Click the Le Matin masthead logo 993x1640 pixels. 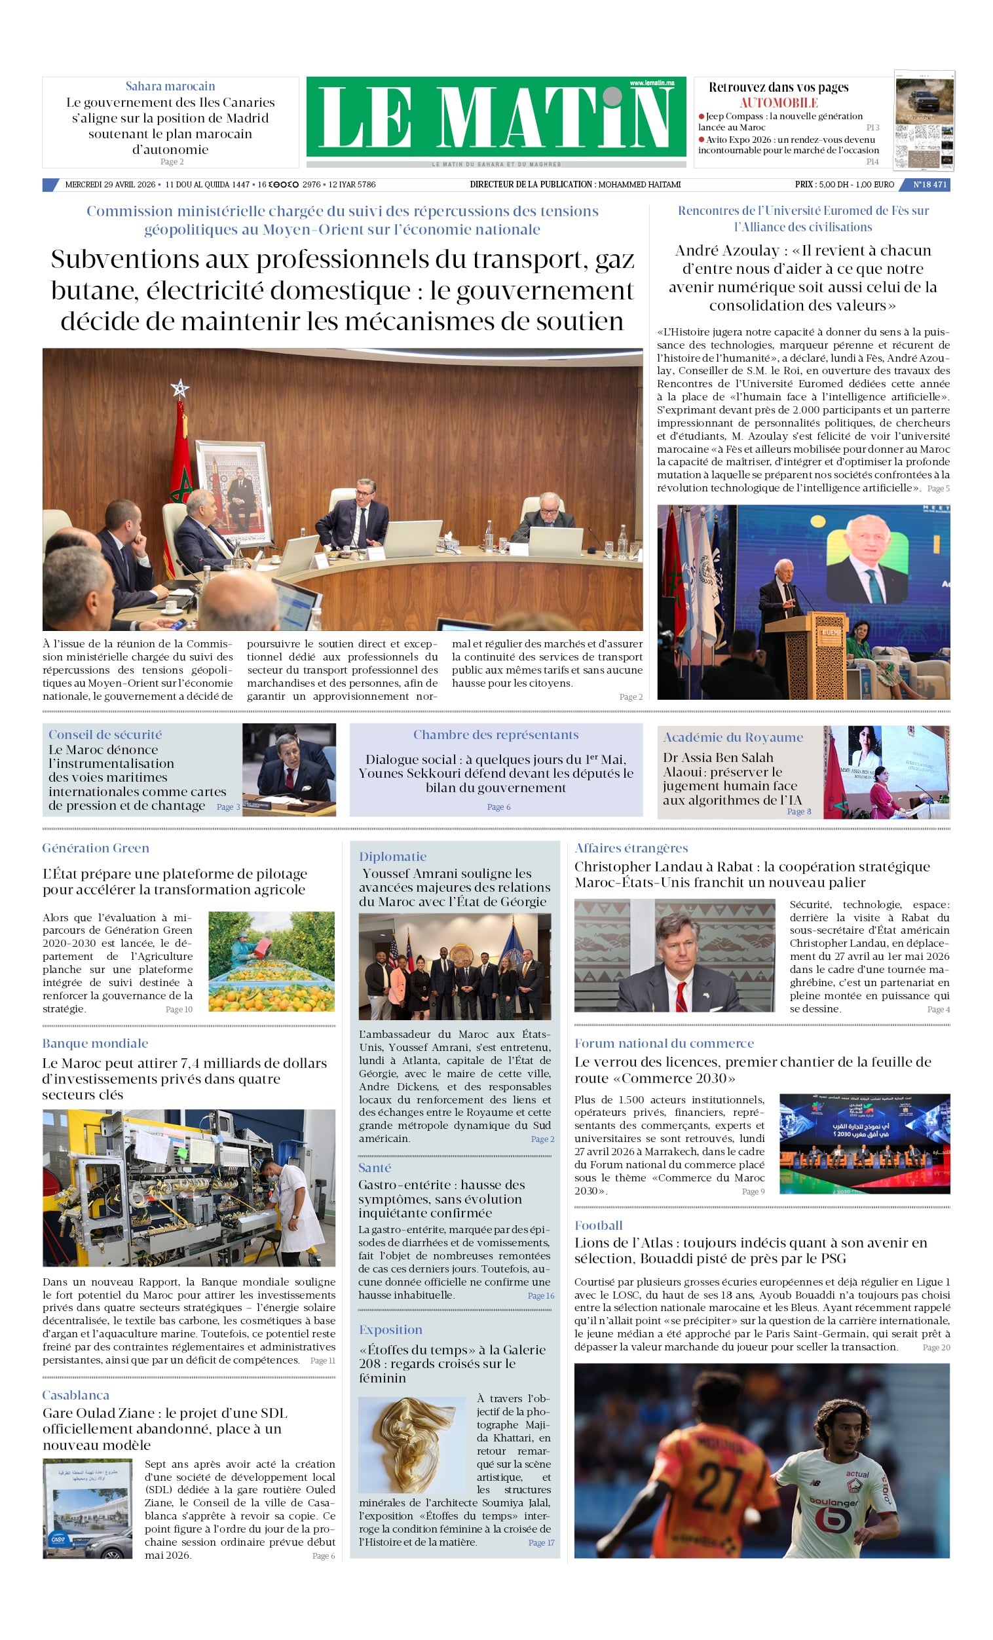[496, 117]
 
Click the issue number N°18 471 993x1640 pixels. [929, 184]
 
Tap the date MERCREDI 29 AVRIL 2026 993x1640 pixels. [110, 184]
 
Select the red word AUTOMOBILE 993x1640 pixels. [778, 102]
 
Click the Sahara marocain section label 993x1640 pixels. [170, 86]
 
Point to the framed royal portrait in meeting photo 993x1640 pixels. [234, 492]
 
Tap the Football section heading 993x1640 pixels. [598, 1225]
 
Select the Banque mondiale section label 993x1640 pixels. [95, 1043]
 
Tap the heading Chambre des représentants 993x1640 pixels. [496, 734]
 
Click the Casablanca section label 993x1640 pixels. [76, 1395]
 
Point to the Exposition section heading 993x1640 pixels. [390, 1330]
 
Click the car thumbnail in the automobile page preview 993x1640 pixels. [924, 100]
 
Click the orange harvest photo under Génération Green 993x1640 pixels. [272, 961]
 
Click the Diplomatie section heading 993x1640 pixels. [392, 856]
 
